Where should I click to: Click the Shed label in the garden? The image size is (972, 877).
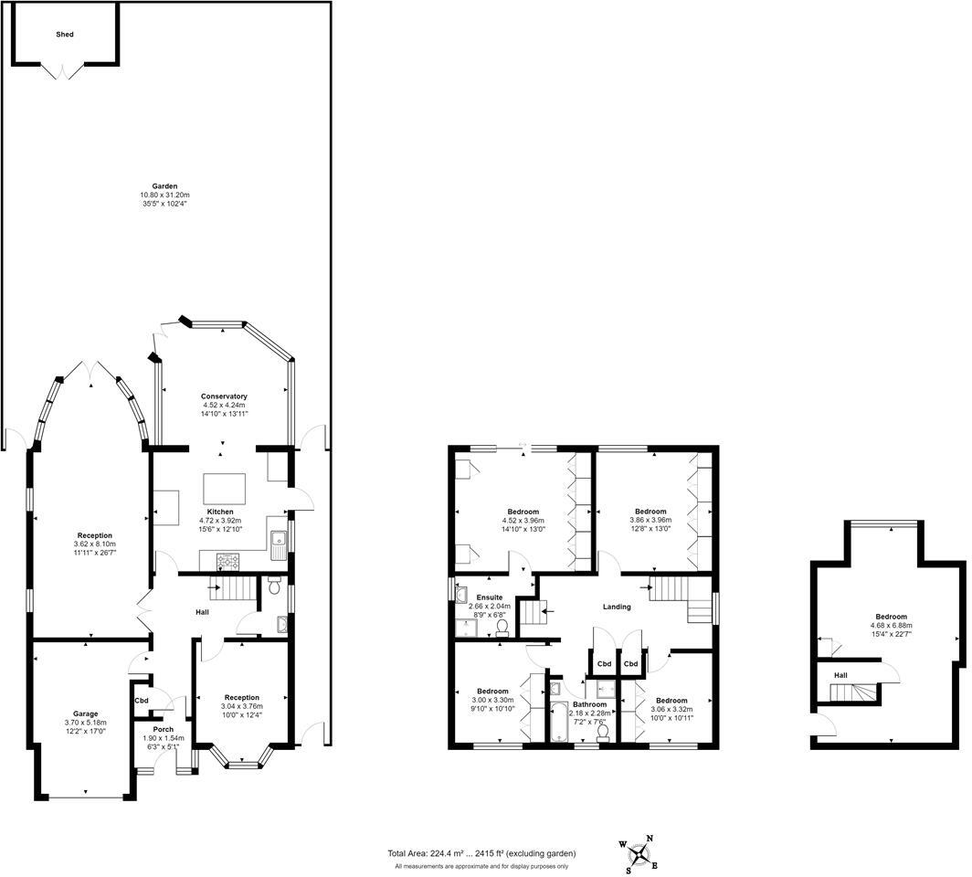pyautogui.click(x=64, y=35)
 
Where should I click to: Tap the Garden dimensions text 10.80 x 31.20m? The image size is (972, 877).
pyautogui.click(x=164, y=195)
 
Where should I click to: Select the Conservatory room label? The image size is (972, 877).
pyautogui.click(x=224, y=396)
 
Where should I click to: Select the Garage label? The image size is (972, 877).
pyautogui.click(x=86, y=713)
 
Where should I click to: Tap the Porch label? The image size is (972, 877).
pyautogui.click(x=164, y=729)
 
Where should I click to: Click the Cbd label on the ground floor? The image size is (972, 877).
pyautogui.click(x=141, y=701)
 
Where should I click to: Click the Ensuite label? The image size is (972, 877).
pyautogui.click(x=489, y=597)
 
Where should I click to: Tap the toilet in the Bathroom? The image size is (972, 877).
pyautogui.click(x=602, y=729)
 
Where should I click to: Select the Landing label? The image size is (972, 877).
pyautogui.click(x=617, y=607)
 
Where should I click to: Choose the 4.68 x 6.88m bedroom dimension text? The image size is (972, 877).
pyautogui.click(x=891, y=626)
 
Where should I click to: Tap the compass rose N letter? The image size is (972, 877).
pyautogui.click(x=650, y=839)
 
